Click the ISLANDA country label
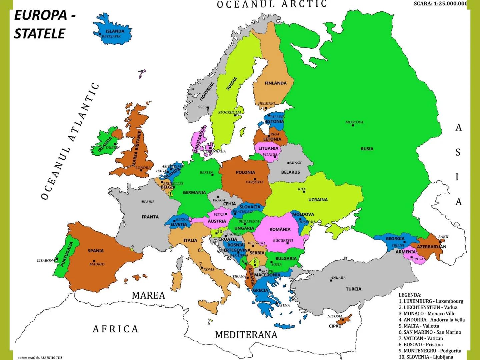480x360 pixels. click(115, 31)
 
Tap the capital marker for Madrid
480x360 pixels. click(94, 261)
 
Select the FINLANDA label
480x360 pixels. click(276, 83)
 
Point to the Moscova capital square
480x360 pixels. click(353, 126)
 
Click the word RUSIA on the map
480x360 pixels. click(367, 149)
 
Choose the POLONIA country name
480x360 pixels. click(245, 172)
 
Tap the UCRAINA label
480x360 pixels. click(318, 200)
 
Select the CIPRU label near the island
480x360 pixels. click(335, 326)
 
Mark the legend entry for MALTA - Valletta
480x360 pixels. click(419, 326)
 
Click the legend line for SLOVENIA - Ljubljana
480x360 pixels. click(423, 357)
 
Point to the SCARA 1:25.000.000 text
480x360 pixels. click(440, 4)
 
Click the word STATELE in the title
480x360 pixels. click(39, 34)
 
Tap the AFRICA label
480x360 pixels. click(115, 329)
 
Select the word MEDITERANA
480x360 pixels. click(246, 335)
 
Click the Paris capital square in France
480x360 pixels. click(143, 202)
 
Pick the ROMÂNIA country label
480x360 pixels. click(280, 229)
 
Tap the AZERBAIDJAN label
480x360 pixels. click(431, 247)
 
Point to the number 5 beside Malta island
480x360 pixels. click(209, 323)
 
